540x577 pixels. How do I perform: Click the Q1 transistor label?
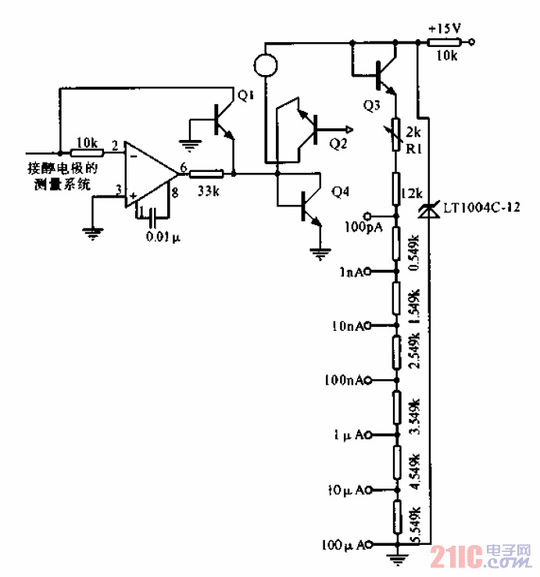245,95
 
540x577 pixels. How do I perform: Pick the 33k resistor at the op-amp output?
207,174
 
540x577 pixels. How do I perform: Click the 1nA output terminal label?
353,271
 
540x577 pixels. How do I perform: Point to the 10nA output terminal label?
349,324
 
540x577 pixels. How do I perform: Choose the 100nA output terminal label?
346,380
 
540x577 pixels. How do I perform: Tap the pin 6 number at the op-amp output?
182,166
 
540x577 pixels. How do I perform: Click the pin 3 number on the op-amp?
119,188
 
